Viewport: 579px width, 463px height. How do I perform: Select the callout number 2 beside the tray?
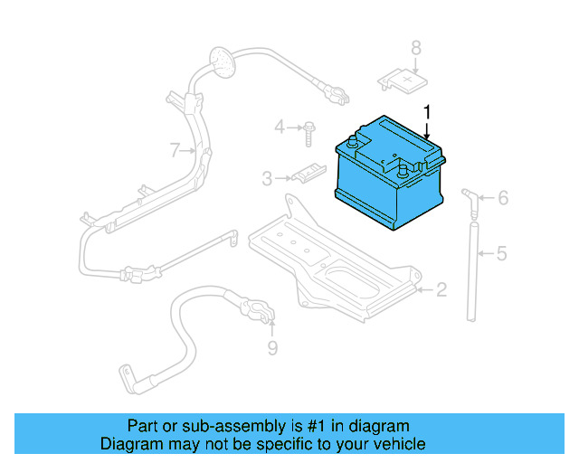(x=441, y=289)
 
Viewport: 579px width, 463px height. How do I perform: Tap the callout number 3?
(x=267, y=179)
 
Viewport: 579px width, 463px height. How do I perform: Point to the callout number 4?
(x=280, y=127)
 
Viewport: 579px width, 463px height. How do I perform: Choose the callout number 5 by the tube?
(x=501, y=253)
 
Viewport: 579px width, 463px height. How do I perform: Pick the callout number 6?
(x=503, y=198)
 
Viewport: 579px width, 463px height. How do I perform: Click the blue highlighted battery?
(x=389, y=181)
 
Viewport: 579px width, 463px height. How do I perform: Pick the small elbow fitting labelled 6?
(x=467, y=195)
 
